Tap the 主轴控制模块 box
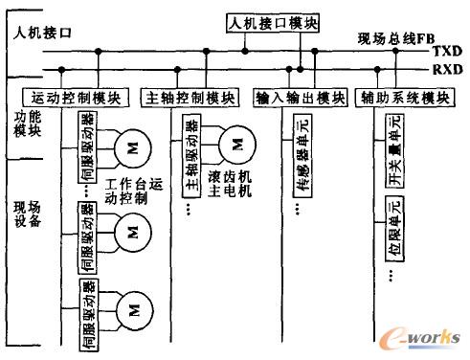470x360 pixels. coord(190,97)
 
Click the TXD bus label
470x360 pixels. coord(445,51)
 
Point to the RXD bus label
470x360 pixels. coord(445,70)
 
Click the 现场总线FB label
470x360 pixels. coord(388,37)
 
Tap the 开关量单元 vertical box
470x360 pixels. coord(394,147)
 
